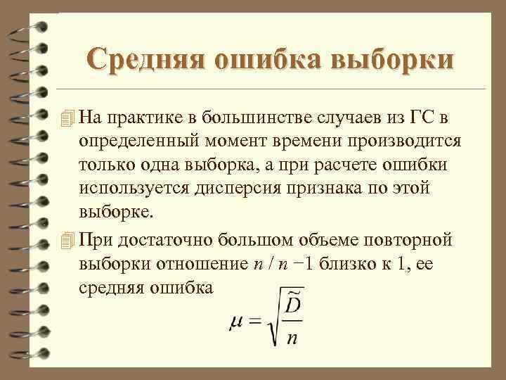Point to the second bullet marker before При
[67, 239]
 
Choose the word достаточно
[165, 239]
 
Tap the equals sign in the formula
[254, 321]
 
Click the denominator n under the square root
[293, 338]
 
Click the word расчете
[345, 164]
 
